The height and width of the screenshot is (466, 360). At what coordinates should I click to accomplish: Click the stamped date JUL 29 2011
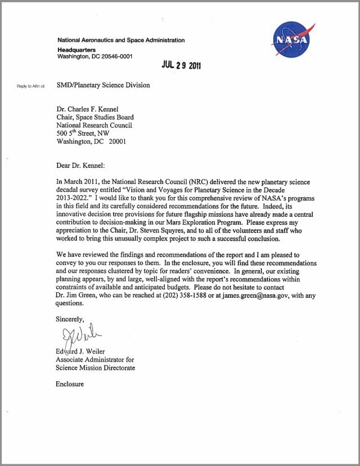181,65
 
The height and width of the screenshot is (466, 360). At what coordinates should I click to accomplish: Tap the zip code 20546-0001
115,56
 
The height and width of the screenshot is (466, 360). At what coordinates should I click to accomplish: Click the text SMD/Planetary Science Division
103,86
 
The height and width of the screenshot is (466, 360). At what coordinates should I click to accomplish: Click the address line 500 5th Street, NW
83,133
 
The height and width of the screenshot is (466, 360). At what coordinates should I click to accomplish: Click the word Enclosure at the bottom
70,384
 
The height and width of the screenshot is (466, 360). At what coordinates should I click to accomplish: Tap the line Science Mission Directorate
95,368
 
